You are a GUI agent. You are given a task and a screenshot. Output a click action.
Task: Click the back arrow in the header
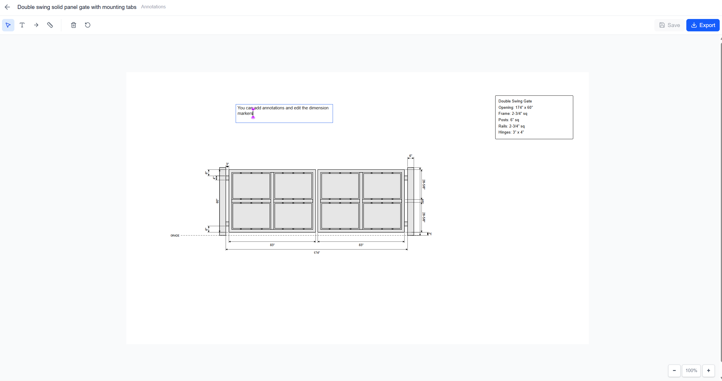click(x=7, y=7)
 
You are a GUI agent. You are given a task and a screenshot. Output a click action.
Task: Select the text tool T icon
click(x=22, y=25)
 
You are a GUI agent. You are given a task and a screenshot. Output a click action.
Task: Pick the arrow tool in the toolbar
click(x=36, y=25)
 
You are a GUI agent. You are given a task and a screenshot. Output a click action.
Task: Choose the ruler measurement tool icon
click(x=50, y=25)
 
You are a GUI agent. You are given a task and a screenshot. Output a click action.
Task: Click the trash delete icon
click(x=74, y=25)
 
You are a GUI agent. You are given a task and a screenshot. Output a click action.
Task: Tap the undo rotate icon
click(x=88, y=25)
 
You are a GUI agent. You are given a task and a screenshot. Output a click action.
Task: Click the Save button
click(x=669, y=25)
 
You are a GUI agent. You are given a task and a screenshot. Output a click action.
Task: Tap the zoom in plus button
click(x=708, y=370)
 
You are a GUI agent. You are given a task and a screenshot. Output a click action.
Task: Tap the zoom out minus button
click(x=674, y=370)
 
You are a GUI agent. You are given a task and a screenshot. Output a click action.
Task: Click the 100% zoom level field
click(x=691, y=370)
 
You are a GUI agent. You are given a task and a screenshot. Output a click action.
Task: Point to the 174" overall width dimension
click(x=317, y=253)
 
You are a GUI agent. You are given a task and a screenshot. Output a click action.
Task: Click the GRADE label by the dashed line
click(x=175, y=235)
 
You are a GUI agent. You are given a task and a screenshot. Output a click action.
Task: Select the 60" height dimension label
click(x=217, y=201)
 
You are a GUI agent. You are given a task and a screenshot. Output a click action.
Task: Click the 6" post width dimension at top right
click(x=411, y=156)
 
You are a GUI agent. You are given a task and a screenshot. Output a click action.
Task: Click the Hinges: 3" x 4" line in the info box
click(x=511, y=132)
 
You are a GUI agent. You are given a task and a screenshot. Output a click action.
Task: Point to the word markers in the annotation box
click(x=245, y=113)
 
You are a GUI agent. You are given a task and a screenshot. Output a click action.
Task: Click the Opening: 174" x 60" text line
click(x=515, y=107)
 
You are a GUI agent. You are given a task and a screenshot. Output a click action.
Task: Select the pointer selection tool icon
click(x=8, y=25)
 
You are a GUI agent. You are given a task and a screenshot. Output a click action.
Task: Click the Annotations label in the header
click(x=153, y=7)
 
